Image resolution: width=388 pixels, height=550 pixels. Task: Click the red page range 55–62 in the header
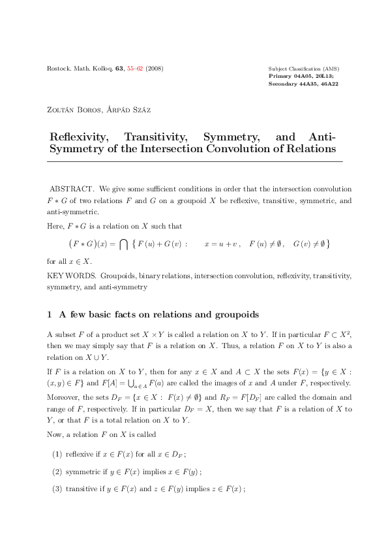[x=135, y=69]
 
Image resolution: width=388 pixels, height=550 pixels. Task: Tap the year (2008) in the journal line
[x=154, y=69]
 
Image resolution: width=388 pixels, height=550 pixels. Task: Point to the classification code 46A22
[x=327, y=84]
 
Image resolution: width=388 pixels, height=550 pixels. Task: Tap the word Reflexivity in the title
[x=80, y=137]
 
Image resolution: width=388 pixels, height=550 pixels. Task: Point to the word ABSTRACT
[x=72, y=189]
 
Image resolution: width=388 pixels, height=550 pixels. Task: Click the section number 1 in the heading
[x=50, y=315]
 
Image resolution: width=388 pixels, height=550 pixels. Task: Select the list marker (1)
[x=57, y=454]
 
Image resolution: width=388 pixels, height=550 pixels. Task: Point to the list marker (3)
[x=57, y=487]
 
